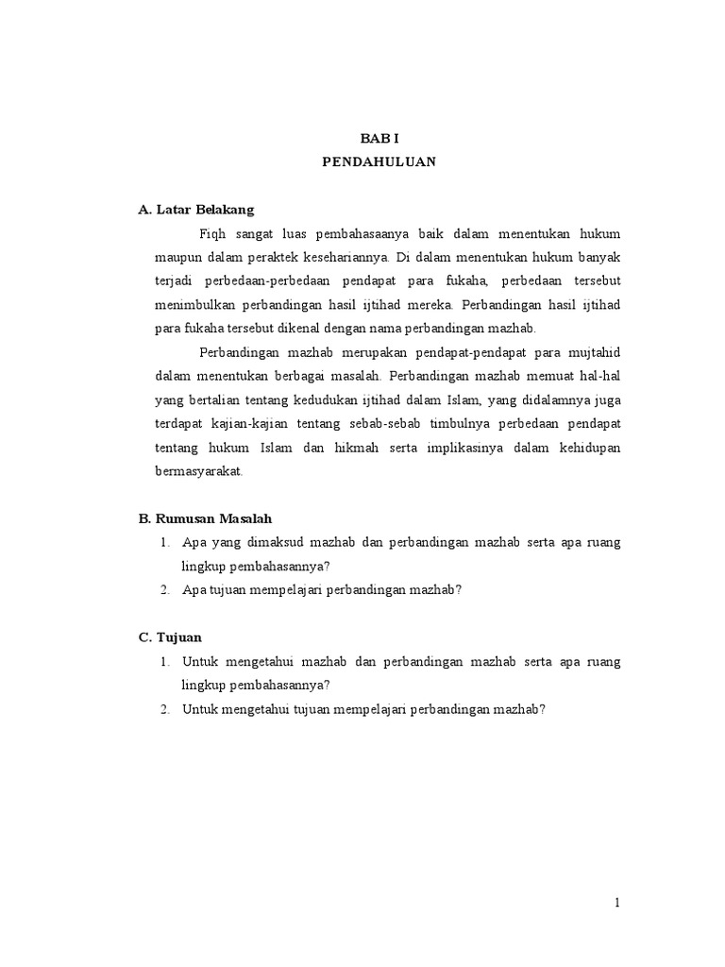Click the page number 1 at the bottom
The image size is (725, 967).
pos(617,903)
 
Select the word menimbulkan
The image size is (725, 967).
pos(195,304)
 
